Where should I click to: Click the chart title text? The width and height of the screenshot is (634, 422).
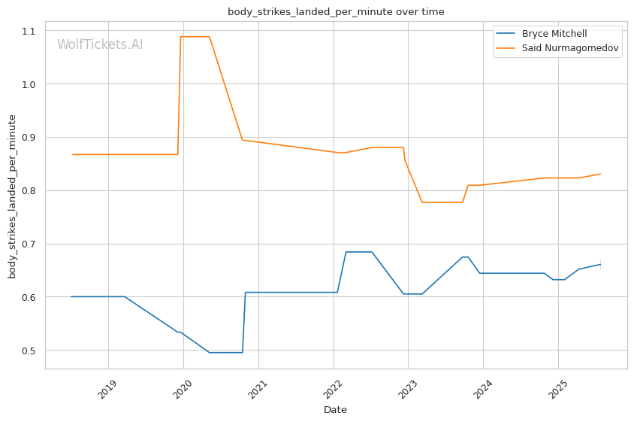pyautogui.click(x=336, y=12)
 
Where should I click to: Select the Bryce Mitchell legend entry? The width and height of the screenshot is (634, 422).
pyautogui.click(x=554, y=34)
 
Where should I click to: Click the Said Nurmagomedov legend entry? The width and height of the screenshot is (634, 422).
pyautogui.click(x=571, y=50)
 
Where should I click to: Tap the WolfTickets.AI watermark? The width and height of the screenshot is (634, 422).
pyautogui.click(x=100, y=45)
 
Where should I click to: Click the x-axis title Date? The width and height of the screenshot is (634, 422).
pyautogui.click(x=335, y=410)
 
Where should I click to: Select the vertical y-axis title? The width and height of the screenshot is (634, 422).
pyautogui.click(x=12, y=196)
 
